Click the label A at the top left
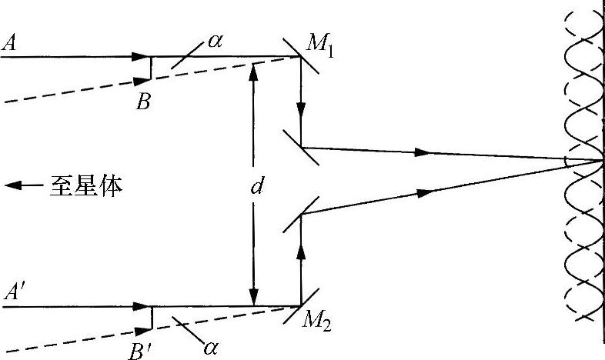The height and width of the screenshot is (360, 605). (11, 44)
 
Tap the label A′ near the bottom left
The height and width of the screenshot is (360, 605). (13, 294)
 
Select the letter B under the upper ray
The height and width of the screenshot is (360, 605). (143, 102)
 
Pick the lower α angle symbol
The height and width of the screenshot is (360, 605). (209, 347)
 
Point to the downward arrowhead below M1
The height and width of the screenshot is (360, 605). (301, 105)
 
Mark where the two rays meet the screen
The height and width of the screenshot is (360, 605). (601, 161)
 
